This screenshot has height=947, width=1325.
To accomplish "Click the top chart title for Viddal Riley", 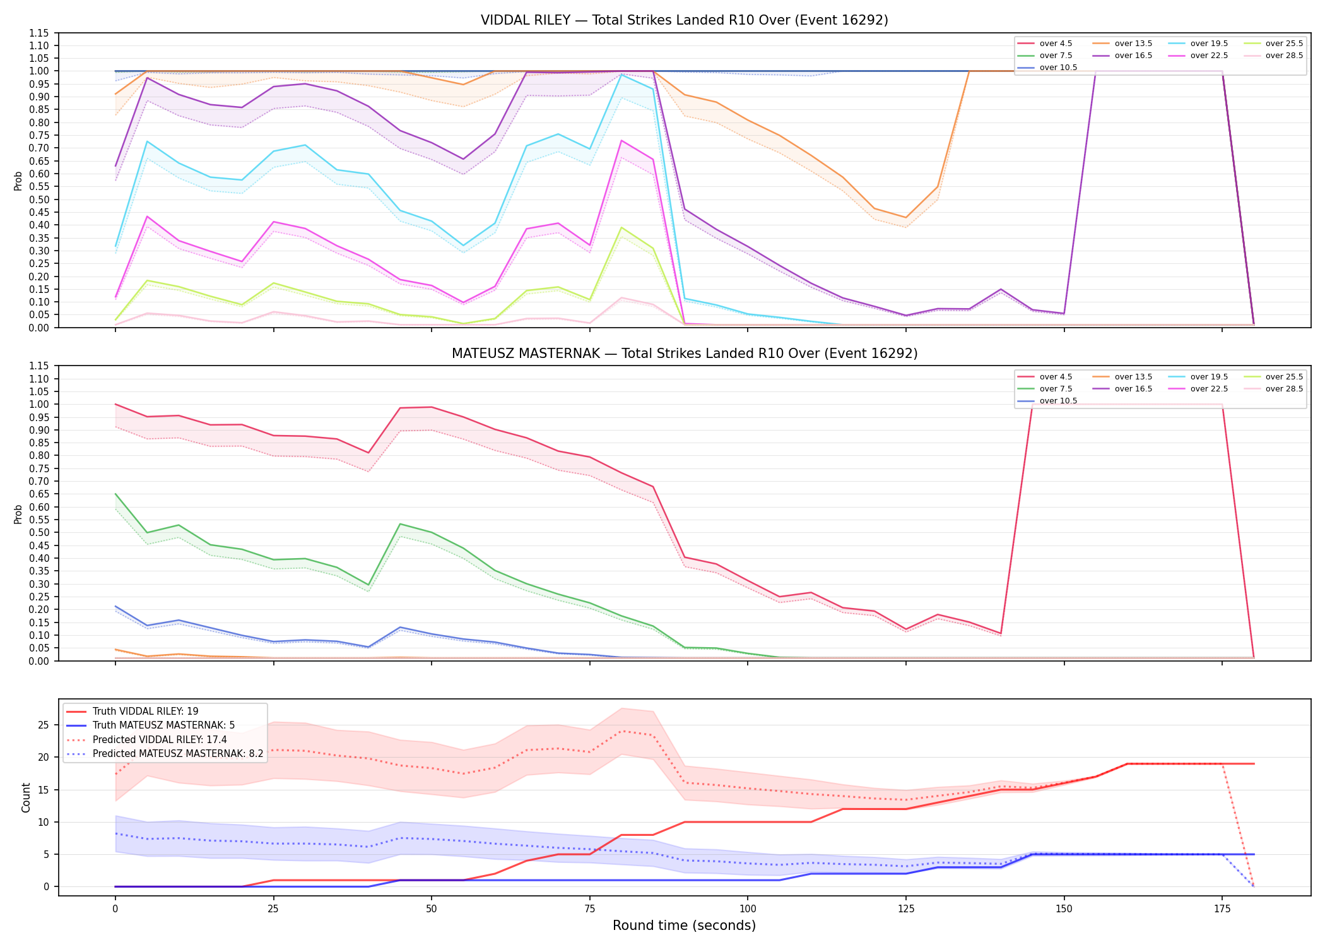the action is [684, 20].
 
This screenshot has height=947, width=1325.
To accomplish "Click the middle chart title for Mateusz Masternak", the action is [684, 354].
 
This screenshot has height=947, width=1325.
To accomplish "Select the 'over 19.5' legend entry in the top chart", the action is [1198, 44].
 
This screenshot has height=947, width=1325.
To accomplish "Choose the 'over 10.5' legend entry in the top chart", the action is [1047, 68].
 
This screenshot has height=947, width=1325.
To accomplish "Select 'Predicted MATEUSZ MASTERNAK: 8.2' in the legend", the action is [165, 754].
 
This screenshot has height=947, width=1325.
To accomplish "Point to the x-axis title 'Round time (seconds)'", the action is [684, 926].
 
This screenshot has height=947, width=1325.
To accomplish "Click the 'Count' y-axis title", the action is [26, 797].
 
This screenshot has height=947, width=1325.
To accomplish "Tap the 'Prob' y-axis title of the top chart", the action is [18, 181].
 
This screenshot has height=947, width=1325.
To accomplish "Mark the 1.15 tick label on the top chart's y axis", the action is [38, 33].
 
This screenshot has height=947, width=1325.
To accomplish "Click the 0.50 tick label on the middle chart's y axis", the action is [38, 532].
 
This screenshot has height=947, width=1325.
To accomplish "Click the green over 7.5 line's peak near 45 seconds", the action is [400, 524].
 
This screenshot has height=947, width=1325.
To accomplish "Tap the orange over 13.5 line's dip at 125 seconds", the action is [906, 217].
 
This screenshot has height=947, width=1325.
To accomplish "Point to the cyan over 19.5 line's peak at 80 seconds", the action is [621, 74].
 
